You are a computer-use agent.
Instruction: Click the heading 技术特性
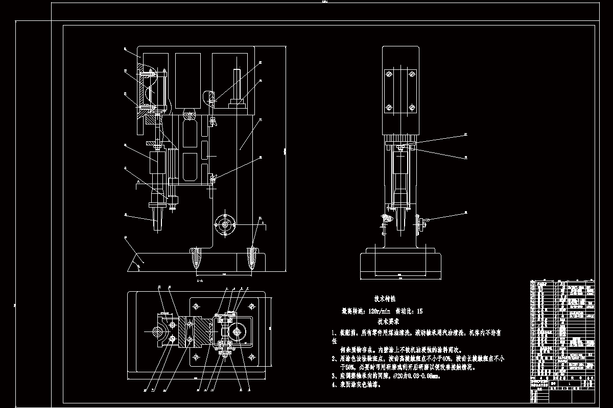tap(385, 299)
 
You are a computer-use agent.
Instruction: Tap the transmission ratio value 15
tap(419, 311)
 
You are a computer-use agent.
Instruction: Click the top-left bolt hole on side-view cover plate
tap(389, 74)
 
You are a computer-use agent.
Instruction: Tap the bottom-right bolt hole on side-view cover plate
tap(411, 108)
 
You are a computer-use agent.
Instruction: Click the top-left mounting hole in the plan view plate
tap(195, 306)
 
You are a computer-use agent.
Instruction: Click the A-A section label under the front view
tap(200, 280)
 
